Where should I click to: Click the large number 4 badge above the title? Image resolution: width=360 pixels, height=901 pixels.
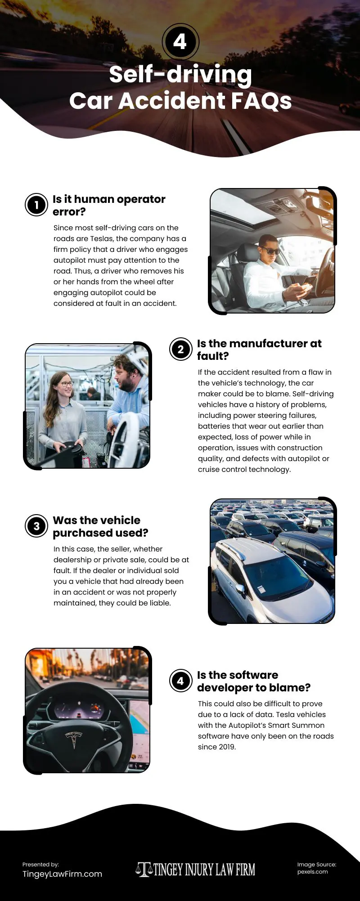180,42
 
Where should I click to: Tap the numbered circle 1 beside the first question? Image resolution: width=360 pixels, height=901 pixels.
36,205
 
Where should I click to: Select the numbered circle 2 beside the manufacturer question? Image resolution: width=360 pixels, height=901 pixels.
180,350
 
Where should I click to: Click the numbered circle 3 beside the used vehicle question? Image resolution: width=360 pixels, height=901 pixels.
36,526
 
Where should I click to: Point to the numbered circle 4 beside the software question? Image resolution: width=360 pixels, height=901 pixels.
180,681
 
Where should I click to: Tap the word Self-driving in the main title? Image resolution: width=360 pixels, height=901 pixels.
180,74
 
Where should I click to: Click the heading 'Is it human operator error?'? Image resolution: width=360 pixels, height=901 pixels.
109,205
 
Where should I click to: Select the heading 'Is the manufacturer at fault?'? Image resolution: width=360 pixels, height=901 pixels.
259,350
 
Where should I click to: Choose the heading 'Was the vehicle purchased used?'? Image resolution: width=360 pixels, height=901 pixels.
100,526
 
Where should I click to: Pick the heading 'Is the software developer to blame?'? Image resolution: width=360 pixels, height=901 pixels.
254,681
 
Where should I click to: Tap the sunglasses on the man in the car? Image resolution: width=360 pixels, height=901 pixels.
270,251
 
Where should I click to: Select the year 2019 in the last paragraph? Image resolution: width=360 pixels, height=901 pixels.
226,747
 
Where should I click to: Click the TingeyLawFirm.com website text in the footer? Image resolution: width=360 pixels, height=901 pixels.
62,874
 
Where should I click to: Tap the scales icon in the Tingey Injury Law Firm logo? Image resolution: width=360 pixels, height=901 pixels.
144,870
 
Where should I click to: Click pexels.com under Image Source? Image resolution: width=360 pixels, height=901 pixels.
312,872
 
